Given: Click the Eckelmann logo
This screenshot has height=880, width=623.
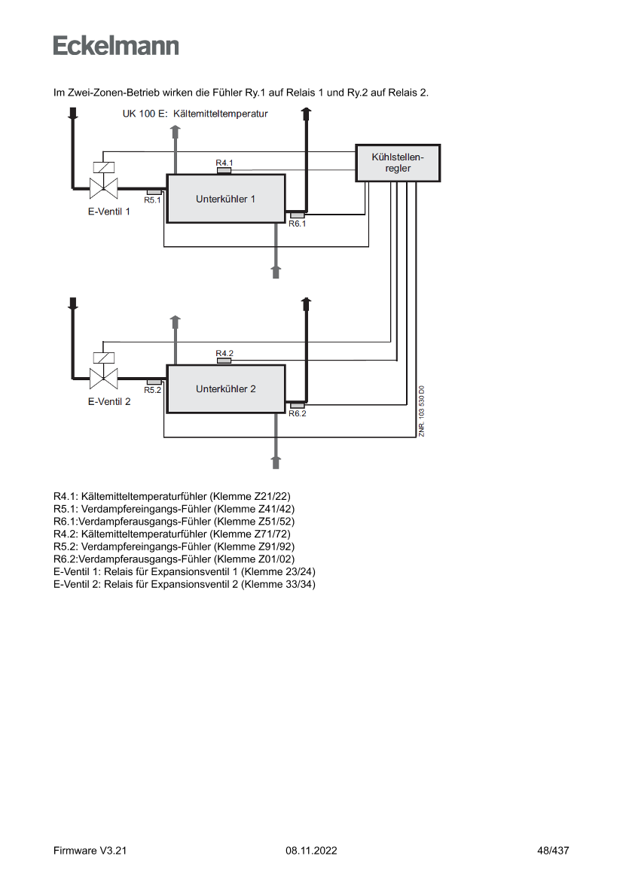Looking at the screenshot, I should (x=116, y=45).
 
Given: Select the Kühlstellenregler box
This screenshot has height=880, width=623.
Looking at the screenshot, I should (x=398, y=163).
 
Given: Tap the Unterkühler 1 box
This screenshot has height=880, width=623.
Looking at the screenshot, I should (x=225, y=199).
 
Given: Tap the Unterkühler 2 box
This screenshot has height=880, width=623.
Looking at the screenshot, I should (x=225, y=389).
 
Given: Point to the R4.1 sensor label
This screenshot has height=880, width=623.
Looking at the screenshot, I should (x=224, y=163).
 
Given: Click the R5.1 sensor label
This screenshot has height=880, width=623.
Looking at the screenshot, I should (x=153, y=199).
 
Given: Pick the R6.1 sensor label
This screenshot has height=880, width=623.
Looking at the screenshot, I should (x=297, y=223).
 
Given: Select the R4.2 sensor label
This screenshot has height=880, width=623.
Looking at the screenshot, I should (x=224, y=353).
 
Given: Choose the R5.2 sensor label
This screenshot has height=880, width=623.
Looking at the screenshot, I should (x=153, y=390).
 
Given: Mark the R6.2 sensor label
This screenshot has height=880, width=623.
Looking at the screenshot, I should (x=297, y=413).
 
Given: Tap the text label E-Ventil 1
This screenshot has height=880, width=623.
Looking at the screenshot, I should (x=109, y=212).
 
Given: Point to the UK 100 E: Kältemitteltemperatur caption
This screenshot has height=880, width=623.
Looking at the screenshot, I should (x=195, y=114).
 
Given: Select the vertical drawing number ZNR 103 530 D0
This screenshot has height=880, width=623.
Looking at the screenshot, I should (x=422, y=411).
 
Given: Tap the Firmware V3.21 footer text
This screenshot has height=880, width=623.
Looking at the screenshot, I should (x=90, y=851).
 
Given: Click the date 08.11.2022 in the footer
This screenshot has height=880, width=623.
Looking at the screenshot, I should (x=311, y=851).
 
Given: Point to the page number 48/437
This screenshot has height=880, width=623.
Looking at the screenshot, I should (x=553, y=851).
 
